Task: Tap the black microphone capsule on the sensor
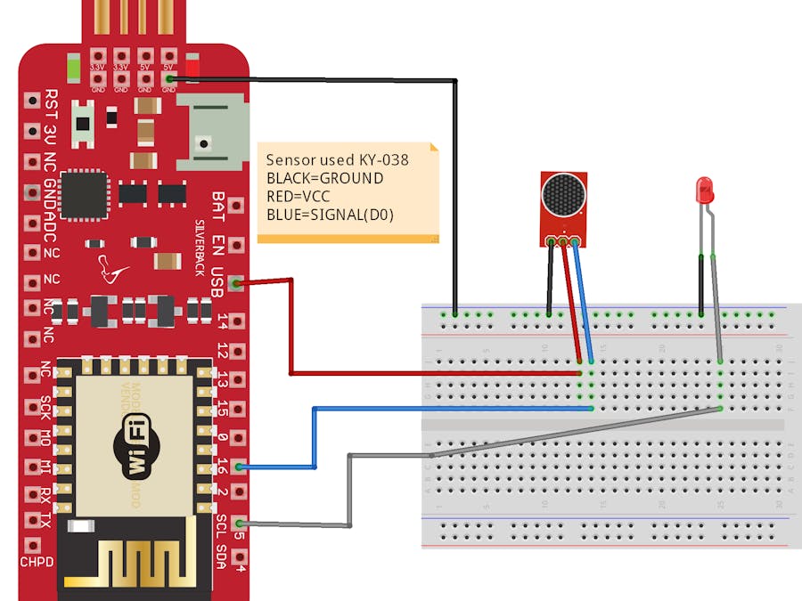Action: pyautogui.click(x=563, y=194)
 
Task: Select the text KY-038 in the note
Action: pyautogui.click(x=384, y=160)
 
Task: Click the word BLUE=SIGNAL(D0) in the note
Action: pyautogui.click(x=330, y=215)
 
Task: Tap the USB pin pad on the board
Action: pyautogui.click(x=236, y=284)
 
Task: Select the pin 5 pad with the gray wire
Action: pyautogui.click(x=237, y=524)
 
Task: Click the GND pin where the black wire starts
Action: pyautogui.click(x=169, y=80)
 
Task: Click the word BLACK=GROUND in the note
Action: pyautogui.click(x=324, y=178)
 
